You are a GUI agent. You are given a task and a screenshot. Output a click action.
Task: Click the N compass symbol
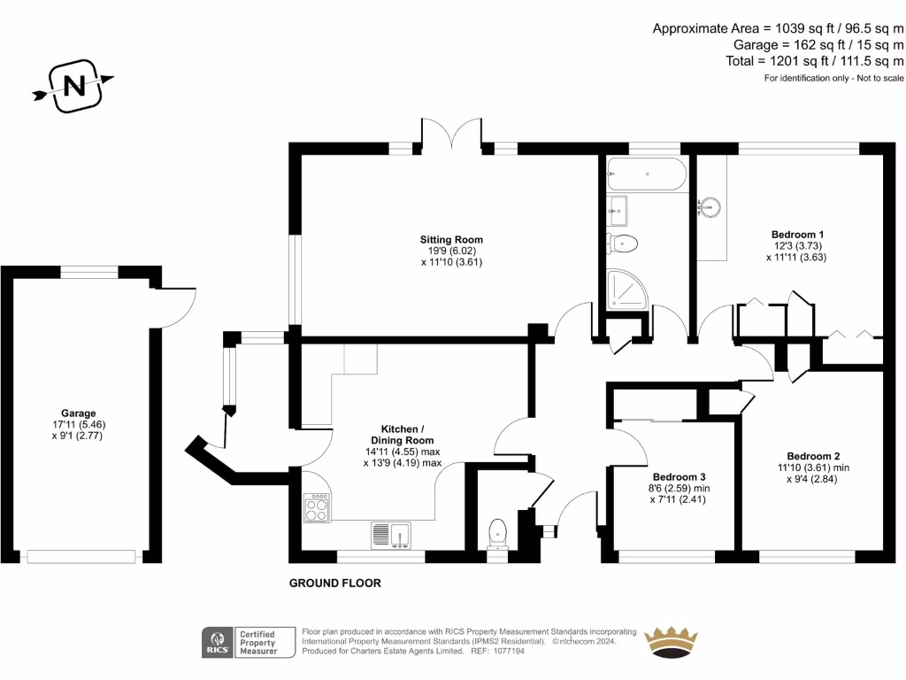pos(74,85)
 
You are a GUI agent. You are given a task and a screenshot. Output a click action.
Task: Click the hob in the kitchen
pos(316,509)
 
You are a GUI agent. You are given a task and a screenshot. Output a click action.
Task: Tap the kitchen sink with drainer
pos(389,535)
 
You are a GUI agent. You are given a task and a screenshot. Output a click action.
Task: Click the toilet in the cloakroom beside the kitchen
pos(498,531)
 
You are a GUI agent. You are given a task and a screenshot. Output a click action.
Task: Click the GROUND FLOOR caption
pos(335,583)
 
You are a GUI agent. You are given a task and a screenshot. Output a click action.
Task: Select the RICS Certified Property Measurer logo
pos(249,642)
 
